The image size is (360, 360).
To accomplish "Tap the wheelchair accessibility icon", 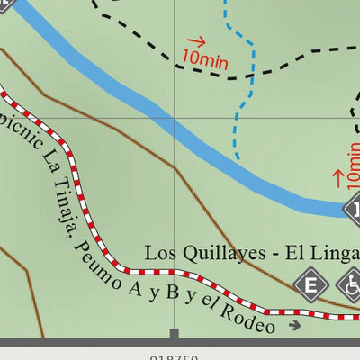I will [350, 286].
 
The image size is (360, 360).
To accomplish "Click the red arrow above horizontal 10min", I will [196, 40].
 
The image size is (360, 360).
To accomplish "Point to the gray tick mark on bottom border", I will [174, 337].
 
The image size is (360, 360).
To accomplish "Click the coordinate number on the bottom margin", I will [175, 355].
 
